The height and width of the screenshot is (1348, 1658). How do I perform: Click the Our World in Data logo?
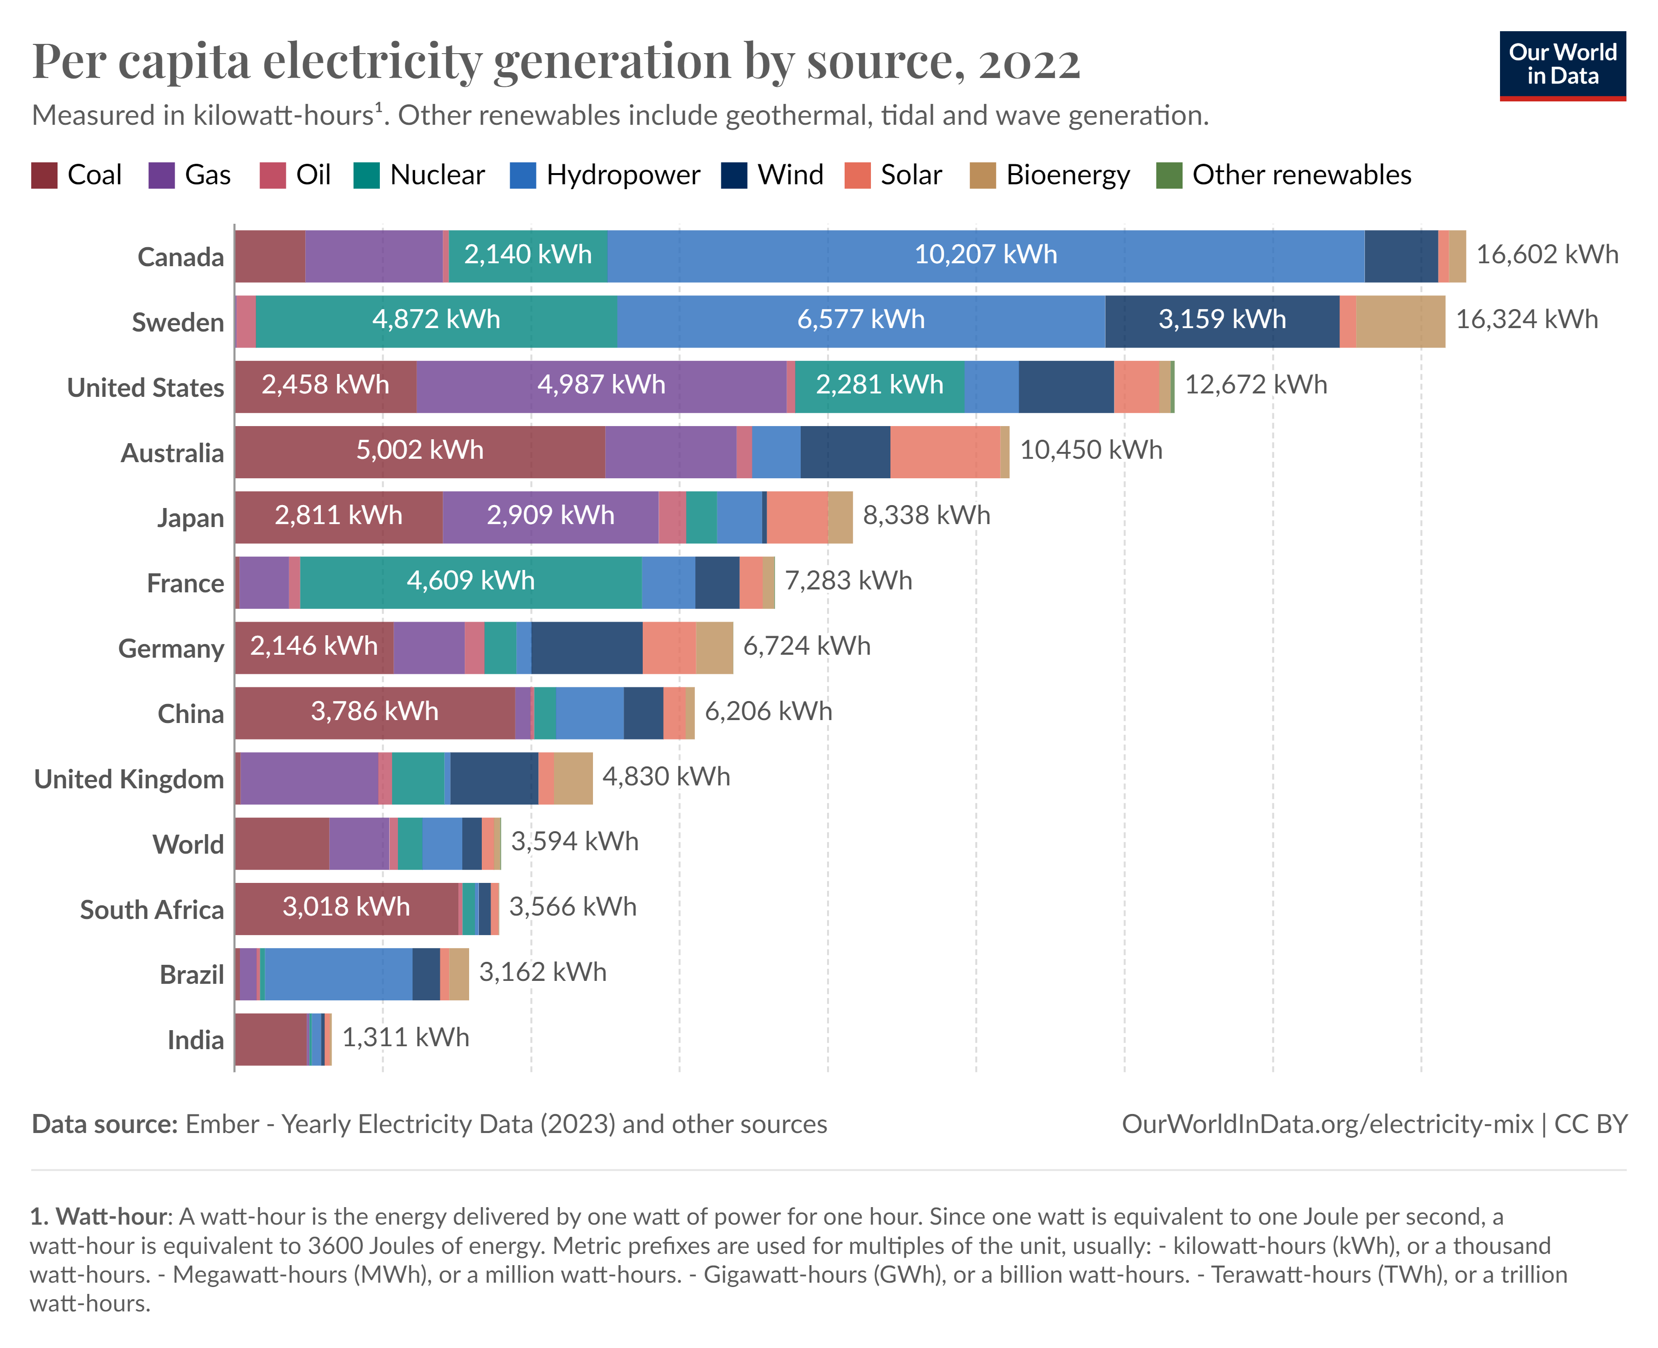(1562, 65)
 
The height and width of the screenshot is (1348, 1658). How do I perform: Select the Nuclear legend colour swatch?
(366, 176)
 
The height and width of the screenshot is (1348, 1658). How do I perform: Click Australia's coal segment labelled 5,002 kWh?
(419, 451)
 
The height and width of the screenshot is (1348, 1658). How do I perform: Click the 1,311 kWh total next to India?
(405, 1038)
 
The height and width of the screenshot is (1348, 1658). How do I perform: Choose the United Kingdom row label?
(129, 780)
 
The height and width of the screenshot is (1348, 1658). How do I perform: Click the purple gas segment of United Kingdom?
(309, 778)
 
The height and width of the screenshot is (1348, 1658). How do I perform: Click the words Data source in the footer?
(105, 1124)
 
